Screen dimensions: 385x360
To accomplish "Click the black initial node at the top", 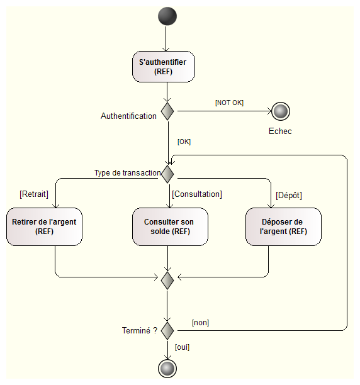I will pos(167,16).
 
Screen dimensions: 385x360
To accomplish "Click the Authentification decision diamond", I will pos(167,111).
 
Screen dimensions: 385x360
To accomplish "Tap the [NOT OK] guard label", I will pos(229,102).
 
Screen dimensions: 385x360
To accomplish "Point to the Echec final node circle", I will pos(280,111).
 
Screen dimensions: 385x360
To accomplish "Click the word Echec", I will pos(280,131).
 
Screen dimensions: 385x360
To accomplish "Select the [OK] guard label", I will pos(184,142).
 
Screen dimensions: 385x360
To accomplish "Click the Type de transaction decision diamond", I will pos(167,172).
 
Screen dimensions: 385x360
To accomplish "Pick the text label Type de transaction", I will pos(128,173).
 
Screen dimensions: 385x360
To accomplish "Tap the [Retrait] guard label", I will pos(34,194).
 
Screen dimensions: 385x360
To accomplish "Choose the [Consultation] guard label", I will pos(197,194).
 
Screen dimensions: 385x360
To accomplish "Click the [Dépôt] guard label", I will pos(289,195).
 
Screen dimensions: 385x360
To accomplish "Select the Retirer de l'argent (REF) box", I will pos(44,226).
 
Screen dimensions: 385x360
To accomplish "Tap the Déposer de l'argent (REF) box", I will pos(283,226).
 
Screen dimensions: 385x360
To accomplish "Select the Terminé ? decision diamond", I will pos(167,329).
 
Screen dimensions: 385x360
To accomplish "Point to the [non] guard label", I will pos(200,323).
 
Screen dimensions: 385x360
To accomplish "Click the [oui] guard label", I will pos(182,347).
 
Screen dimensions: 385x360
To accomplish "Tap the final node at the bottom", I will pos(167,368).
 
